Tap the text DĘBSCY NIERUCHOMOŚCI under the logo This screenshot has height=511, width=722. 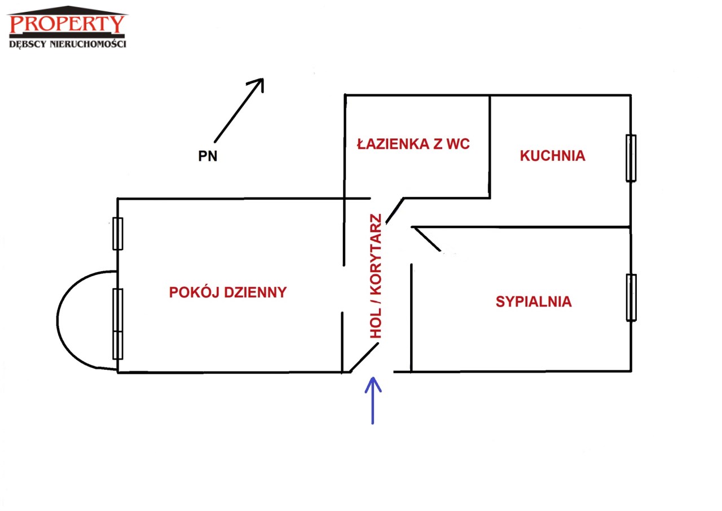(68, 44)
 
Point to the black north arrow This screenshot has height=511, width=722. (239, 110)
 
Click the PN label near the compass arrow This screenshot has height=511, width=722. (208, 156)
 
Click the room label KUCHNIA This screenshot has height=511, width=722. (552, 156)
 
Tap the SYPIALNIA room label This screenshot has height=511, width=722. (534, 302)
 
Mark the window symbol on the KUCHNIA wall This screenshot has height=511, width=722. (631, 158)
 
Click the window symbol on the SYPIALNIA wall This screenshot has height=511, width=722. (631, 298)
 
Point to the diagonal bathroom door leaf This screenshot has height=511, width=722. (394, 211)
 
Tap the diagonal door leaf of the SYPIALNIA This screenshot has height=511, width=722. (426, 239)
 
